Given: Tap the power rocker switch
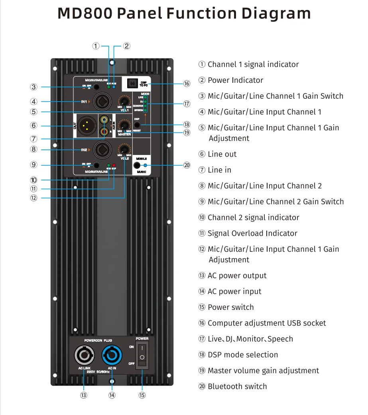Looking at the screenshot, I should tap(142, 353).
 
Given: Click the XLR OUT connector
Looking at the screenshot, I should tap(87, 125).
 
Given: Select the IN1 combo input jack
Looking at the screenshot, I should tap(100, 102).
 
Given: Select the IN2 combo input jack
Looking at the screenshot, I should tap(100, 150).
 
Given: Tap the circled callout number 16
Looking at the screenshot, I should tap(187, 83).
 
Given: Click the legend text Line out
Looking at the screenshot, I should tap(222, 154).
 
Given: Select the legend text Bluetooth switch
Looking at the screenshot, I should tap(237, 386).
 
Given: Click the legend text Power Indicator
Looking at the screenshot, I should tap(235, 80).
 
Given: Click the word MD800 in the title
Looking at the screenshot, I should tap(84, 14).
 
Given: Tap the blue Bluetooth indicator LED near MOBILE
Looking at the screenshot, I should tap(145, 165).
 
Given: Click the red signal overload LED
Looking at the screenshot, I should tap(114, 165).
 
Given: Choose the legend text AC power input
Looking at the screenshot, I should tap(234, 292).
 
